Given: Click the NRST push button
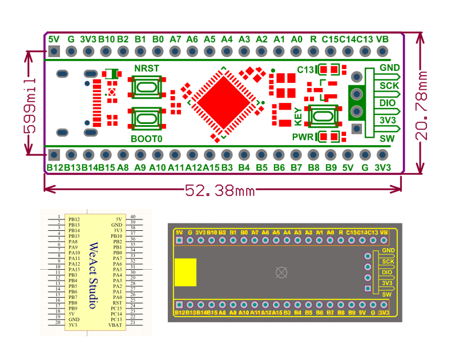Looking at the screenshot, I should pyautogui.click(x=147, y=88).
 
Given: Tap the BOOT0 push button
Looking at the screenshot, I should pyautogui.click(x=147, y=118).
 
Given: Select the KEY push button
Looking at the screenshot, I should pyautogui.click(x=323, y=117).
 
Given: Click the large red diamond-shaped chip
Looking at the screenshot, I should pyautogui.click(x=223, y=102).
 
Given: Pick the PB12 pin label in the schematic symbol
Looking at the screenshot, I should pyautogui.click(x=74, y=219).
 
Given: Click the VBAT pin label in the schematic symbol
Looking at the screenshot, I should pyautogui.click(x=116, y=325).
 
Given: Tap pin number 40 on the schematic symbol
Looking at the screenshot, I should pyautogui.click(x=132, y=217).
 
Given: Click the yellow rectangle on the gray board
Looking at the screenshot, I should pyautogui.click(x=185, y=272).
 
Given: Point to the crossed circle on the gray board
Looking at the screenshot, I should pyautogui.click(x=280, y=272).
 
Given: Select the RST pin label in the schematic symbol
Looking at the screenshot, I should pyautogui.click(x=117, y=303).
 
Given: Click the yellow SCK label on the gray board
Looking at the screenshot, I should pyautogui.click(x=388, y=262).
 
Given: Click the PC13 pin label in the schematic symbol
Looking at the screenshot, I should pyautogui.click(x=116, y=319).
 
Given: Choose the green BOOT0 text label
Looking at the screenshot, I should pyautogui.click(x=147, y=139).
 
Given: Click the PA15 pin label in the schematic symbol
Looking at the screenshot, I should pyautogui.click(x=74, y=270).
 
